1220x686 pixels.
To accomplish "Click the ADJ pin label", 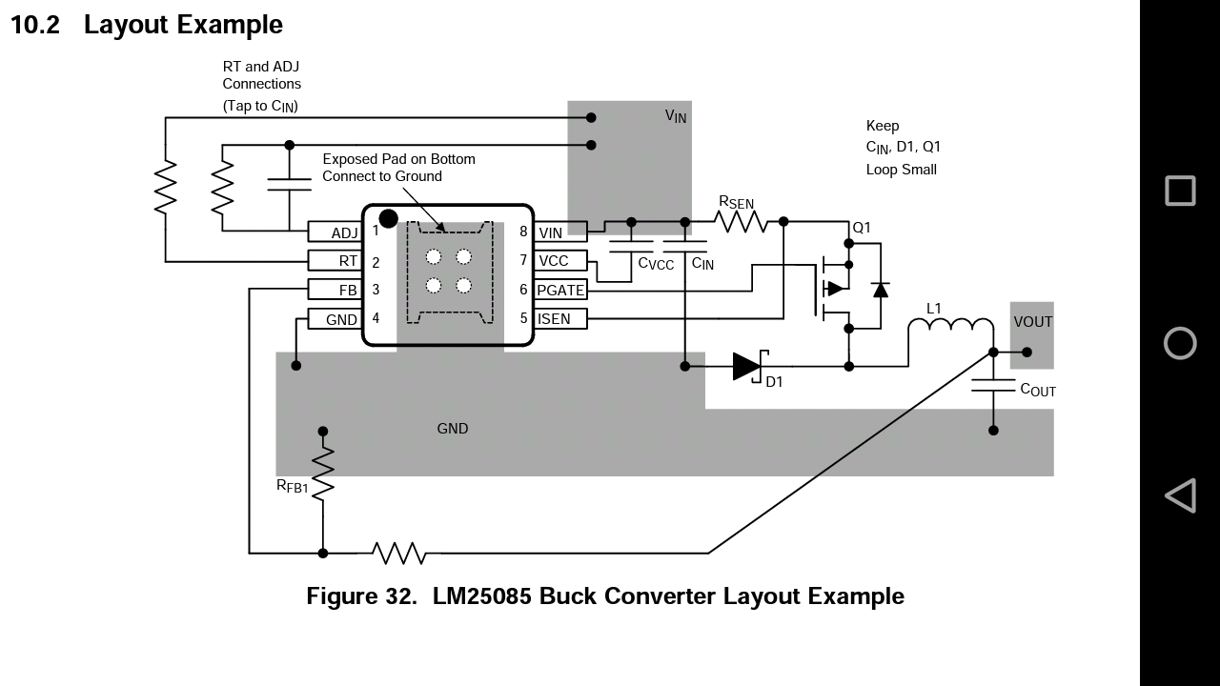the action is tap(344, 233).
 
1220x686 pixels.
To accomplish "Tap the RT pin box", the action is tap(335, 261).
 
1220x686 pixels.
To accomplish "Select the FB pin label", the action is tap(348, 291).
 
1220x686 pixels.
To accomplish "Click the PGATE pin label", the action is tap(560, 291).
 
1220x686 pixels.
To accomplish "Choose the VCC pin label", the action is tap(554, 261).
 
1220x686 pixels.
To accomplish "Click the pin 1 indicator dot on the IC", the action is tap(388, 219).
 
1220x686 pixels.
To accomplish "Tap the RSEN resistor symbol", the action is tap(741, 222).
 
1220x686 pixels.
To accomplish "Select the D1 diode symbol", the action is tap(749, 367).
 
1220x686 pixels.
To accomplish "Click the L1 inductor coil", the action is tap(951, 323).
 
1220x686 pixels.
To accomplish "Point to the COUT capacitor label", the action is tap(1038, 390).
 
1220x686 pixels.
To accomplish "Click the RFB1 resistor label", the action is tap(293, 486).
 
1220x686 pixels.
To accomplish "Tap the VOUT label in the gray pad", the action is tap(1032, 322).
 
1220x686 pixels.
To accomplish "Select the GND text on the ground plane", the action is tap(453, 429).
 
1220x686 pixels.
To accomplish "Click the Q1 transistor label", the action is tap(862, 227).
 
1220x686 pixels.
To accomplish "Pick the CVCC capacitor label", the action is tap(656, 264).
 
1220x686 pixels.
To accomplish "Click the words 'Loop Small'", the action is tap(902, 170).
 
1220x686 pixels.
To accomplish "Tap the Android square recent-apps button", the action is tap(1180, 191).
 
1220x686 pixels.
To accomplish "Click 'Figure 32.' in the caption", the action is tap(361, 596).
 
